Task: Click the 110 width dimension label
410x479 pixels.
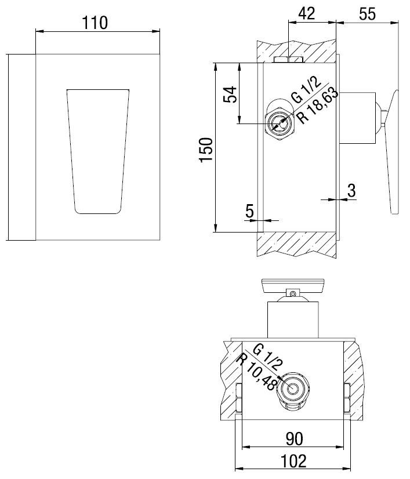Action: [x=95, y=23]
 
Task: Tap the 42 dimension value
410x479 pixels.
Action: [x=306, y=13]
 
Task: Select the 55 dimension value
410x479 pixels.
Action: [x=367, y=14]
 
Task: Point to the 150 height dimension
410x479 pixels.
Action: [x=206, y=150]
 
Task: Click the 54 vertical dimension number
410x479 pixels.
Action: [x=230, y=95]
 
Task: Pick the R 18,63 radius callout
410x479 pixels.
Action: [x=318, y=106]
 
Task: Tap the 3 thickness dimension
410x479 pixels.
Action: [x=351, y=190]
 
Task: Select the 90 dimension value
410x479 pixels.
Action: [x=295, y=439]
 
